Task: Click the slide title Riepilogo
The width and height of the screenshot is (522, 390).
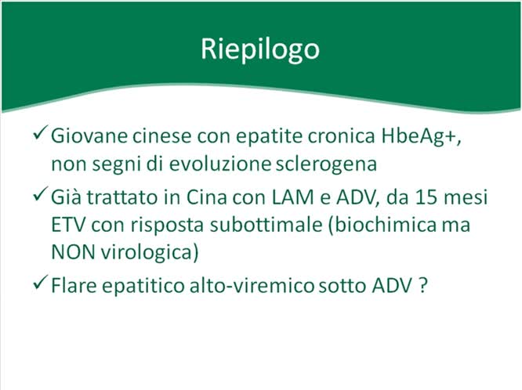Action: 260,49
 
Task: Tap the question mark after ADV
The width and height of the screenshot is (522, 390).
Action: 422,285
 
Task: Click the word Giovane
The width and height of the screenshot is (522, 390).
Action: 85,135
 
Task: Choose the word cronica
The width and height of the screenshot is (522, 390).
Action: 321,135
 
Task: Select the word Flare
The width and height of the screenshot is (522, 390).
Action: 73,285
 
